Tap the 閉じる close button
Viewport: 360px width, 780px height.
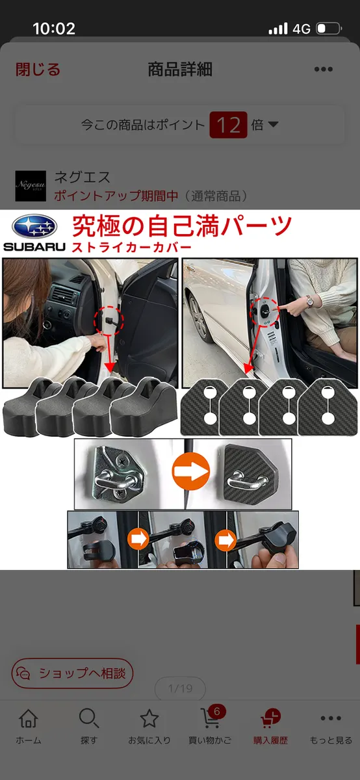pos(38,70)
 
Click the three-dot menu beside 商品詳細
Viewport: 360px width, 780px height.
pos(324,70)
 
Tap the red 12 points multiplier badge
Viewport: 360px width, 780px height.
pos(228,125)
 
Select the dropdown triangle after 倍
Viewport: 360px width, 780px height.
pos(274,124)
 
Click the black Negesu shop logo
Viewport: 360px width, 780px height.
pos(31,186)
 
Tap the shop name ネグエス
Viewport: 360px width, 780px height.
pos(82,177)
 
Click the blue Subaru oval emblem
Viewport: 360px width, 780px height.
pos(34,226)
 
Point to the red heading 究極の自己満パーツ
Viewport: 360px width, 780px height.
pos(182,226)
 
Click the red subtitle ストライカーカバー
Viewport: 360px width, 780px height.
pos(132,248)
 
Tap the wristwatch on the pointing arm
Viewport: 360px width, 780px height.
pos(309,301)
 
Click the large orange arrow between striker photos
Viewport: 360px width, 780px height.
pos(191,471)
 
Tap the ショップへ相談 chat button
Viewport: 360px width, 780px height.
pos(72,673)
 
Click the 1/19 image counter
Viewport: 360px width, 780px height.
pos(180,688)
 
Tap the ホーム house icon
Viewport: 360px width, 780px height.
pos(29,718)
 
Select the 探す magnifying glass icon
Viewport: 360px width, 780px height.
pos(89,718)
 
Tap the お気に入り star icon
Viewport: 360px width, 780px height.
pos(149,718)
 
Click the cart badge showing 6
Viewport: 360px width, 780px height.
pos(217,711)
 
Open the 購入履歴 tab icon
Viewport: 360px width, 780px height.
pos(270,718)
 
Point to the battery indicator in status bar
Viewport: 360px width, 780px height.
pos(329,29)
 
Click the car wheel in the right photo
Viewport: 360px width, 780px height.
pos(198,318)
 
